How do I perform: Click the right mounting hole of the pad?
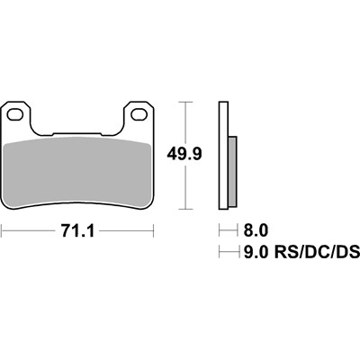click(x=138, y=115)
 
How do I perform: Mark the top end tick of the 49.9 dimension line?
click(x=185, y=103)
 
